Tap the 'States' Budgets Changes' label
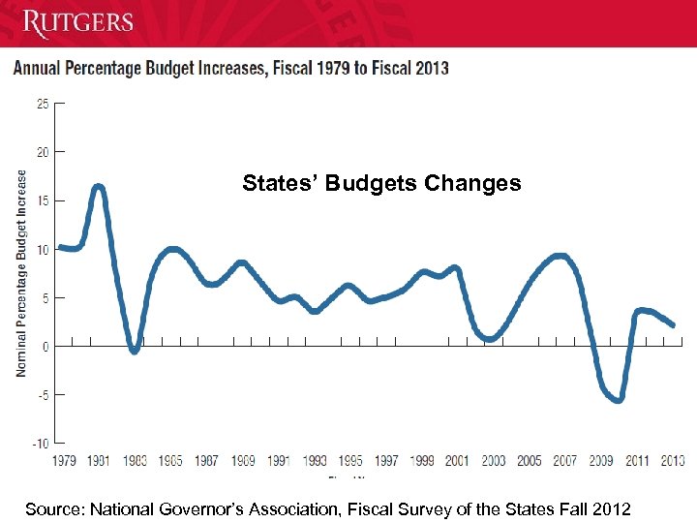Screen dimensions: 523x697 coord(381,183)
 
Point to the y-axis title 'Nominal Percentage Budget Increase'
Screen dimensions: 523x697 coord(21,273)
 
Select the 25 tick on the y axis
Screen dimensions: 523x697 coord(43,103)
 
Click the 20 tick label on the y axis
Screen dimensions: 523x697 coord(43,152)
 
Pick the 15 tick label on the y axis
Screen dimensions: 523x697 coord(43,200)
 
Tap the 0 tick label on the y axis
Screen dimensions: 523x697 coord(45,346)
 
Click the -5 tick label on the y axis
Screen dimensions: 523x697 coord(42,394)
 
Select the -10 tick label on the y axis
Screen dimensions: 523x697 coord(40,444)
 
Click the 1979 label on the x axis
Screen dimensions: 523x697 coord(64,461)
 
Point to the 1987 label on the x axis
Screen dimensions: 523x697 coord(207,461)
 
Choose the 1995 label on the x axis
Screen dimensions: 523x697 coord(349,461)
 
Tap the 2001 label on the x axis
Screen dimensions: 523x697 coord(457,461)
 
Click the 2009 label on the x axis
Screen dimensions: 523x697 coord(601,461)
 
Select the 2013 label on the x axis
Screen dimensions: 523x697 coord(672,461)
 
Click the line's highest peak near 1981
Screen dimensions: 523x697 coord(99,186)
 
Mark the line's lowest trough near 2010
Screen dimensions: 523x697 coord(618,399)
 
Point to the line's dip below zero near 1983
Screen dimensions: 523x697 coord(135,350)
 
